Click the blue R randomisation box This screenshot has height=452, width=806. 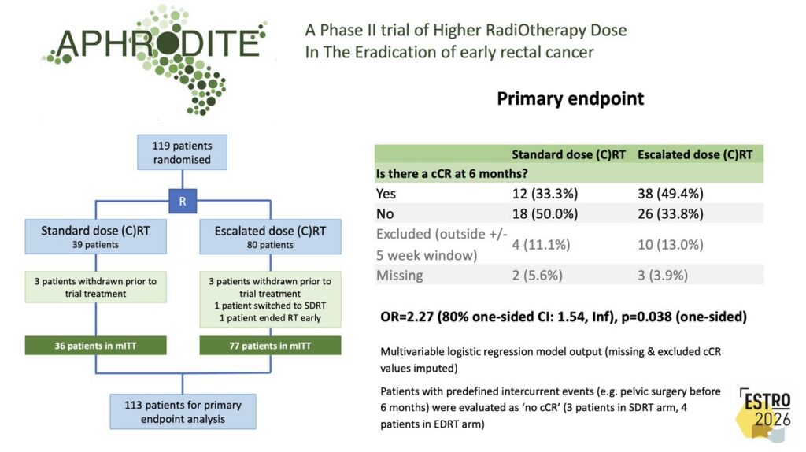point(183,201)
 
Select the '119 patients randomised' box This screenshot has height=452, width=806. point(182,153)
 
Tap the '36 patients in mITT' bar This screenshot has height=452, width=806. point(95,346)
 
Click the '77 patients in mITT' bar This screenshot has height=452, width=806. point(270,346)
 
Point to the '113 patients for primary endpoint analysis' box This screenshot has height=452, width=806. point(183,411)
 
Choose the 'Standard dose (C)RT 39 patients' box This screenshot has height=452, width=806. point(95,236)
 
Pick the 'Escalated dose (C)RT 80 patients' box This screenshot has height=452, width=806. point(270,236)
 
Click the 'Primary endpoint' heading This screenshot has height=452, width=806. point(570,98)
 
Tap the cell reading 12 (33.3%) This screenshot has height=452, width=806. point(545,194)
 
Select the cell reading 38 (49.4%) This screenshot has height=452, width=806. point(671,194)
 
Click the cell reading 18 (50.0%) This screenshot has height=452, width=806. point(545,213)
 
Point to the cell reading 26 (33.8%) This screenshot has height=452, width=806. point(671,213)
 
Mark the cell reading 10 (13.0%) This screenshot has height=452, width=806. point(671,245)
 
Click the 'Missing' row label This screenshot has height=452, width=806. point(399,276)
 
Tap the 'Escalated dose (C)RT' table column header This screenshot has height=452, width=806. point(695,155)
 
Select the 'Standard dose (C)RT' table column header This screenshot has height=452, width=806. point(568,155)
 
